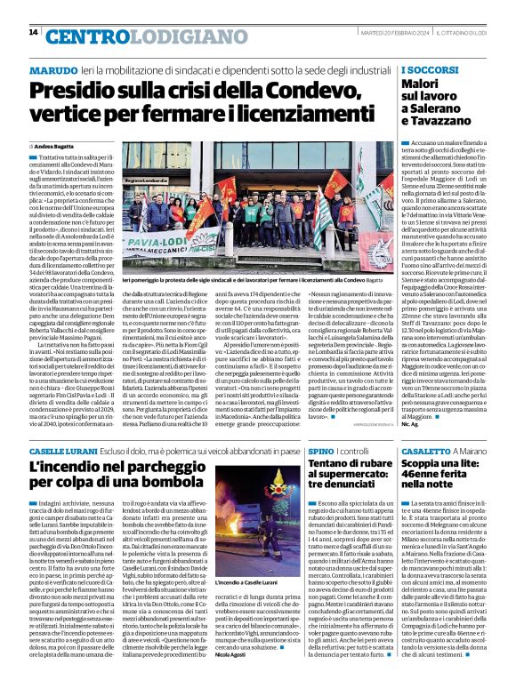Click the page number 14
click(33, 32)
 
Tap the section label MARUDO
click(52, 69)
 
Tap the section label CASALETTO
click(427, 453)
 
